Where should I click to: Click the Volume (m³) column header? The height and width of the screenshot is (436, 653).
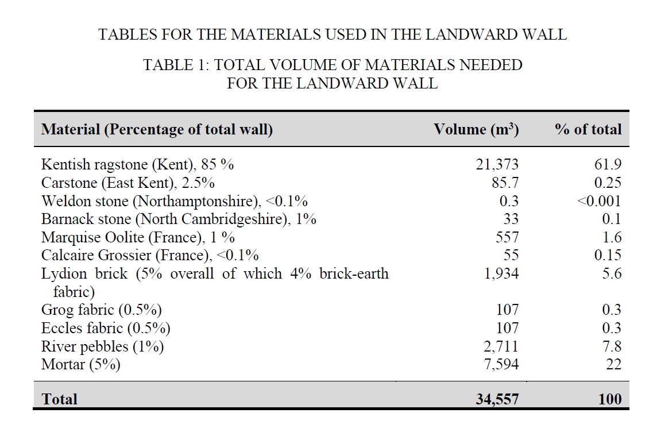[476, 129]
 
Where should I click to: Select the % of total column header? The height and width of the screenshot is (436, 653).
[588, 129]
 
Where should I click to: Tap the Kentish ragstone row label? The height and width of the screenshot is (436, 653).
[137, 165]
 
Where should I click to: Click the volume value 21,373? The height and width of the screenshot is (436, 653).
[497, 165]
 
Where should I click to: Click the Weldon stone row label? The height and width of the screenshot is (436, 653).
[174, 202]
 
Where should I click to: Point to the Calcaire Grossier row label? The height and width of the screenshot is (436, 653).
[149, 255]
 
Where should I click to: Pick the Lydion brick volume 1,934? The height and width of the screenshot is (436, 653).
[501, 274]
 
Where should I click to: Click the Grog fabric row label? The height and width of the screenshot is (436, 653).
[101, 310]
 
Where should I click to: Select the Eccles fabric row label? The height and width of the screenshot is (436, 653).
[106, 329]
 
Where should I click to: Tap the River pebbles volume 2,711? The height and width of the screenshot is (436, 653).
[501, 346]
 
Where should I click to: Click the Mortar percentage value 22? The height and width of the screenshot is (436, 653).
[613, 365]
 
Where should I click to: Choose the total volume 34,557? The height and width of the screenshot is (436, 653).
[497, 399]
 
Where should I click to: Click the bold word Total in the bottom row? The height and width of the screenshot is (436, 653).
[59, 399]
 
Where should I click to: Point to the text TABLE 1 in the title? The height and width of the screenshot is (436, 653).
[175, 65]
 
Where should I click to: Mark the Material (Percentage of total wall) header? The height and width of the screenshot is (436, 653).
[157, 129]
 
